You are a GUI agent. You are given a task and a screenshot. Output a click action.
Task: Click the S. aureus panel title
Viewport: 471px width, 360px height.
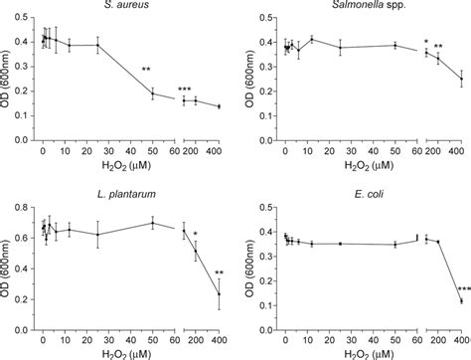[120, 7]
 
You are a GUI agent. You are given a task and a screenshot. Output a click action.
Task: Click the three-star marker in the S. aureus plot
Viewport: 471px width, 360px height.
[185, 90]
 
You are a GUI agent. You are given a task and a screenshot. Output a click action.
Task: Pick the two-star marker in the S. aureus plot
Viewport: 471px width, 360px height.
[146, 70]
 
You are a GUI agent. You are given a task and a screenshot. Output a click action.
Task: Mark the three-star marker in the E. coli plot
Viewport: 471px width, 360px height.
[464, 289]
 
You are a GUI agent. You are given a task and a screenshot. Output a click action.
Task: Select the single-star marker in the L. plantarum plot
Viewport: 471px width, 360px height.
[197, 235]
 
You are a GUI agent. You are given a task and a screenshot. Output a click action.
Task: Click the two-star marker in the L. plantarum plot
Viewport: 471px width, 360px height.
[219, 273]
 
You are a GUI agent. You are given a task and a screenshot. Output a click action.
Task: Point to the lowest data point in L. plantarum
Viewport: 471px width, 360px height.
[219, 294]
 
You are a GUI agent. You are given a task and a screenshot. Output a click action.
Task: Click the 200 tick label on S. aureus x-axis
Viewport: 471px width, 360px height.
[196, 148]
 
